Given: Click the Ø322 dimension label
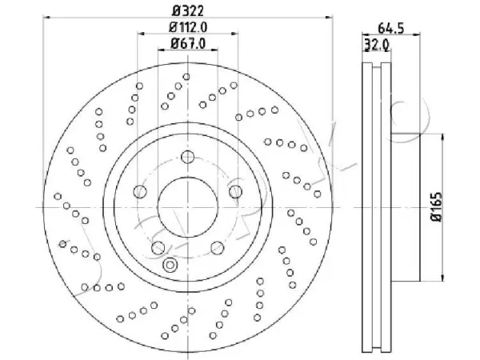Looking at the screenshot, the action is point(188,11).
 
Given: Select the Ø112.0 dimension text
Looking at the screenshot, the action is point(188,27).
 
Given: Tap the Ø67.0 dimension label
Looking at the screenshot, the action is point(188,43).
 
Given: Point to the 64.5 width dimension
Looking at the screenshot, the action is point(391,28).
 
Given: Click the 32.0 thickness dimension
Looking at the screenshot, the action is point(377,46).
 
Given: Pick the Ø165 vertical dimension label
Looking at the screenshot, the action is point(436,206).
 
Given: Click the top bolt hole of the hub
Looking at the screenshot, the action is point(188,157).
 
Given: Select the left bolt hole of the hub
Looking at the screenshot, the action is point(140,192).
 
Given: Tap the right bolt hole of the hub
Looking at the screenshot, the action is point(235,192).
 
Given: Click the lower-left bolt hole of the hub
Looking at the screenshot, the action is point(158,248).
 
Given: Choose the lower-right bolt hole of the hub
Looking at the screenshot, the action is point(218,248).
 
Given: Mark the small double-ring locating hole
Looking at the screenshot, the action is point(170,265).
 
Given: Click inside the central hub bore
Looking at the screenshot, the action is point(188,207).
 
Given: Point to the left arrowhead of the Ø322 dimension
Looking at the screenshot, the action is point(46,18).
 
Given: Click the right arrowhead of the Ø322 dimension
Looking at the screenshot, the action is point(329,18).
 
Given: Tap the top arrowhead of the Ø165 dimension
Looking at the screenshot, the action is point(442,137).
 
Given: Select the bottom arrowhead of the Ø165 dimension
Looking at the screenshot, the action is point(442,278).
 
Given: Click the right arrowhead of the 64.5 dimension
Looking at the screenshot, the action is point(417,34).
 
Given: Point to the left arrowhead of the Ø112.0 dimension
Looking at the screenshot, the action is point(141,34).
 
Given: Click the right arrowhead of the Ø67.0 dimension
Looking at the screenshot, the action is point(214,50).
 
